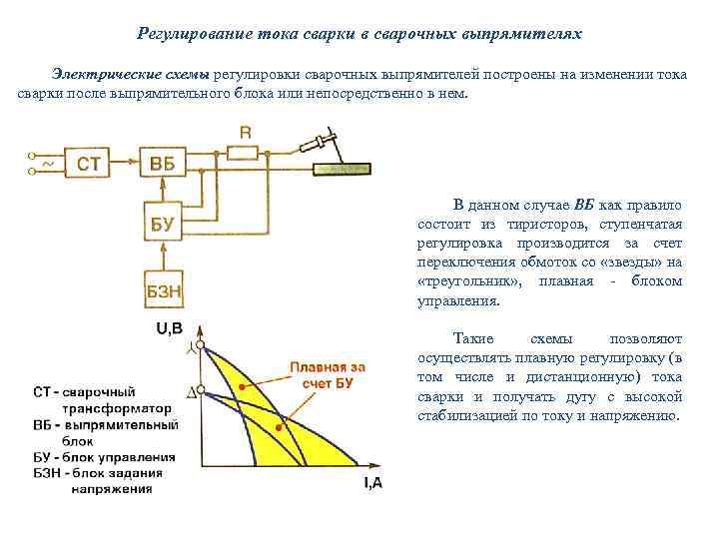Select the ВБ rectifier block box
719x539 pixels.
162,164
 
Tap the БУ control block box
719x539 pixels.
162,225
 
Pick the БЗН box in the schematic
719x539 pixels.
163,291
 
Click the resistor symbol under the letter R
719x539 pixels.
245,153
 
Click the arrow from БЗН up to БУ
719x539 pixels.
163,258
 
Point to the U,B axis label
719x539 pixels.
168,328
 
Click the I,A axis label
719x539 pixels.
371,484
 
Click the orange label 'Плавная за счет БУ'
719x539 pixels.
327,375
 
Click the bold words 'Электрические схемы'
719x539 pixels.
124,76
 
